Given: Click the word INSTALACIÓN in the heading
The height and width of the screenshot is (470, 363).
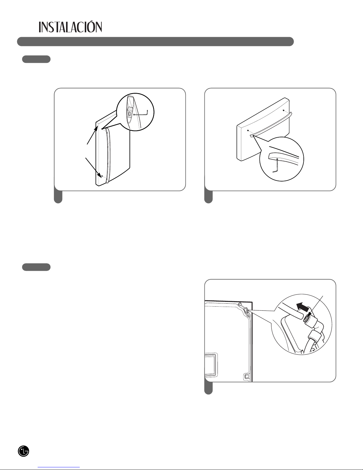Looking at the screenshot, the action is pos(70,27).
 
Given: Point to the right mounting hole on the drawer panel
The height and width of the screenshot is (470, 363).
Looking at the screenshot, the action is pos(284,110).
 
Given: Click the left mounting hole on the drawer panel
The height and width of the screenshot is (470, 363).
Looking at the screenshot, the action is pos(248,130).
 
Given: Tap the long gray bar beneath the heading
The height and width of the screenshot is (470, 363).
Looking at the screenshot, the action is pos(155,42).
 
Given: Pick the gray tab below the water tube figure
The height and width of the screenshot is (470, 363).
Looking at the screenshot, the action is pos(208,388).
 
